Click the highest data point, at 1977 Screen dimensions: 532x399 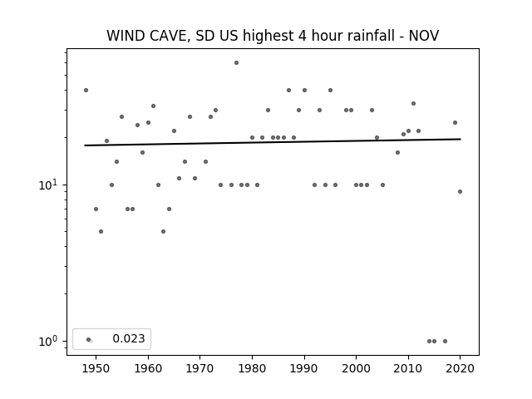point(236,63)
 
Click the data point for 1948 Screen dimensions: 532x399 point(86,91)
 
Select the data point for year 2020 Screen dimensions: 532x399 point(460,192)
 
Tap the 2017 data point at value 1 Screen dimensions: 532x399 point(446,342)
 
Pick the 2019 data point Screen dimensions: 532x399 point(455,123)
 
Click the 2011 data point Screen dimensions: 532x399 point(414,103)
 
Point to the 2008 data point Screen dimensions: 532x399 point(398,153)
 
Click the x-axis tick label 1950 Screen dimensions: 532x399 point(96,368)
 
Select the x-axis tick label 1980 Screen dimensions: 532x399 point(252,368)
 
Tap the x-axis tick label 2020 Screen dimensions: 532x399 point(460,368)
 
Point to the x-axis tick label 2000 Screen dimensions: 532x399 point(357,368)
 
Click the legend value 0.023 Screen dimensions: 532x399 point(129,338)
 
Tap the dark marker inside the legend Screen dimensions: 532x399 point(89,340)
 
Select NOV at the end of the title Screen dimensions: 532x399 point(424,36)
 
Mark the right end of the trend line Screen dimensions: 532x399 point(461,139)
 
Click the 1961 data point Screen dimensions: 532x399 point(153,106)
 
